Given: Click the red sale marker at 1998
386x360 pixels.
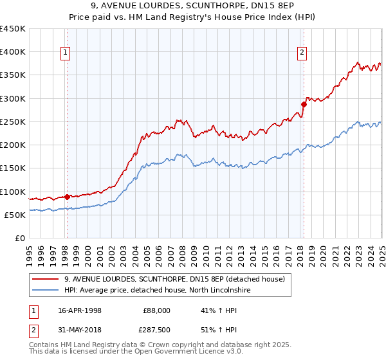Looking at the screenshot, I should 67,197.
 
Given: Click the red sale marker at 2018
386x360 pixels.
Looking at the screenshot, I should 304,104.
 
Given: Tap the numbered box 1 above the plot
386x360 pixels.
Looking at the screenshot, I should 66,53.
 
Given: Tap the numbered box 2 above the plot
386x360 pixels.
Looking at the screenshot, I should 302,53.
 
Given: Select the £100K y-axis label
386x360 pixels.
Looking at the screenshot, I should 13,192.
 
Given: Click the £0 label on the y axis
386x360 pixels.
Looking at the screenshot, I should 20,239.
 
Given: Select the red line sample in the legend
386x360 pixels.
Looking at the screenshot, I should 46,279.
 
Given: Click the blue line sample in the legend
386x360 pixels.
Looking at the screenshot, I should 46,291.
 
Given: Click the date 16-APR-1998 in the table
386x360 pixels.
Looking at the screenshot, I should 80,310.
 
